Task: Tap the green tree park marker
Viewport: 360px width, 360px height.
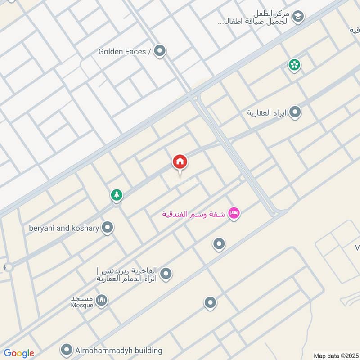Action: click(117, 195)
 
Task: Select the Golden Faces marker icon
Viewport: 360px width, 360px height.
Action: click(159, 51)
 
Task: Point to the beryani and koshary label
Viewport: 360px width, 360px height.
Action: click(63, 228)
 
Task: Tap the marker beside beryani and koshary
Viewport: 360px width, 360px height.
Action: click(107, 228)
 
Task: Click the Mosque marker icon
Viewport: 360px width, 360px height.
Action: click(102, 300)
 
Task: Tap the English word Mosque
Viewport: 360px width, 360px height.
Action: click(82, 305)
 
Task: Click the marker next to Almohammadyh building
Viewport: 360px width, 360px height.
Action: click(67, 350)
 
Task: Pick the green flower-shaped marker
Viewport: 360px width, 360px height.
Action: click(294, 65)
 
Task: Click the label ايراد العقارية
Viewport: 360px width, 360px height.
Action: click(266, 112)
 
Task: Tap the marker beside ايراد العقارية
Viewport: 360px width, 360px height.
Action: click(295, 112)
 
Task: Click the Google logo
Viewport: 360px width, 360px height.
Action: click(19, 353)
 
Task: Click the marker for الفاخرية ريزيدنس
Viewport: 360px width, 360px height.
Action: click(166, 273)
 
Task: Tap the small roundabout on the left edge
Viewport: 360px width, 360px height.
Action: click(8, 267)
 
